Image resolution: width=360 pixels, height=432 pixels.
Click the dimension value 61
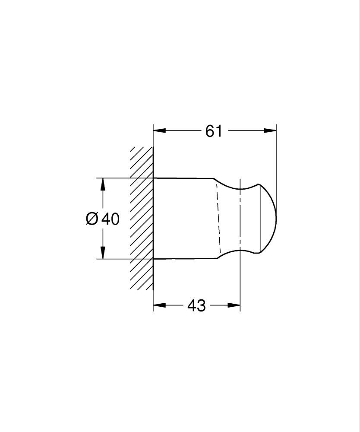tap(214, 130)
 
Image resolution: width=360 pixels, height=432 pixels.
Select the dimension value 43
tap(196, 306)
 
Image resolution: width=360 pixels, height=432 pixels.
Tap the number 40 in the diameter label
tap(111, 219)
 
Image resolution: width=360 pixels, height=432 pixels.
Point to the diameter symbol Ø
tap(92, 219)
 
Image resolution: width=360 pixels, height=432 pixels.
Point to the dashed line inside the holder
tap(218, 218)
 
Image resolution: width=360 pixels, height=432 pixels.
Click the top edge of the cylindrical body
tap(183, 178)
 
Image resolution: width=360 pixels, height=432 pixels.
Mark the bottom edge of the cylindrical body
tap(183, 259)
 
